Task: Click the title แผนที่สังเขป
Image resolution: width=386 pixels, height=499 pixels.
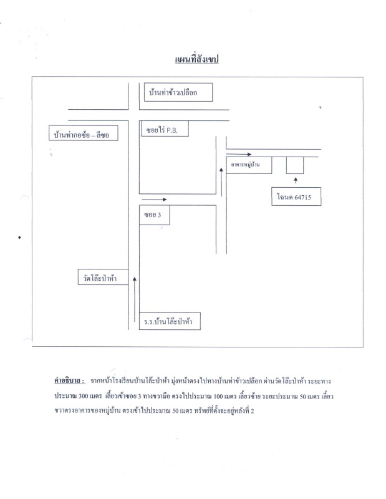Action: pyautogui.click(x=196, y=59)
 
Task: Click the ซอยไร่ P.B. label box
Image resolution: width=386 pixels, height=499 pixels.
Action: pyautogui.click(x=164, y=128)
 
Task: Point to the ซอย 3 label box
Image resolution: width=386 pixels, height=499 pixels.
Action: pyautogui.click(x=154, y=215)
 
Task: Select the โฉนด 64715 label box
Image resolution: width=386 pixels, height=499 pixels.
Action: pyautogui.click(x=296, y=196)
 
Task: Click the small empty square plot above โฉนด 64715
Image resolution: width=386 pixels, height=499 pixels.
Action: pyautogui.click(x=295, y=165)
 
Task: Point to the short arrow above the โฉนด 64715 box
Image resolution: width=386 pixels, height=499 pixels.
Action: pyautogui.click(x=296, y=180)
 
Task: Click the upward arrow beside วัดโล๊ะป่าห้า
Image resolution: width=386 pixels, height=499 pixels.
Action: pyautogui.click(x=135, y=299)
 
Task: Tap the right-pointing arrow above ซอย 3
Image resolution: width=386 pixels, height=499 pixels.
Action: pyautogui.click(x=154, y=200)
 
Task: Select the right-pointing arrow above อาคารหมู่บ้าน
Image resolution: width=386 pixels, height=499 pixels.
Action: pyautogui.click(x=239, y=154)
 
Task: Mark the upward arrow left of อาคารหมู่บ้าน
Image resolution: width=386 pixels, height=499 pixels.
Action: pyautogui.click(x=221, y=182)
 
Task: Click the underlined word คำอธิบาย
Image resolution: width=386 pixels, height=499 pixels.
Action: pyautogui.click(x=69, y=380)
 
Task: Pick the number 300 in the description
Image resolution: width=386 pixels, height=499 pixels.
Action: pyautogui.click(x=83, y=396)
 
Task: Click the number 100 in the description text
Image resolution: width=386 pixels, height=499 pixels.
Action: pyautogui.click(x=218, y=396)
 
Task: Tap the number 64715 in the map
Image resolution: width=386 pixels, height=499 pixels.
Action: pyautogui.click(x=302, y=197)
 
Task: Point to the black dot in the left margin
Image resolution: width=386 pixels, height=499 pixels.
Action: pyautogui.click(x=20, y=238)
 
